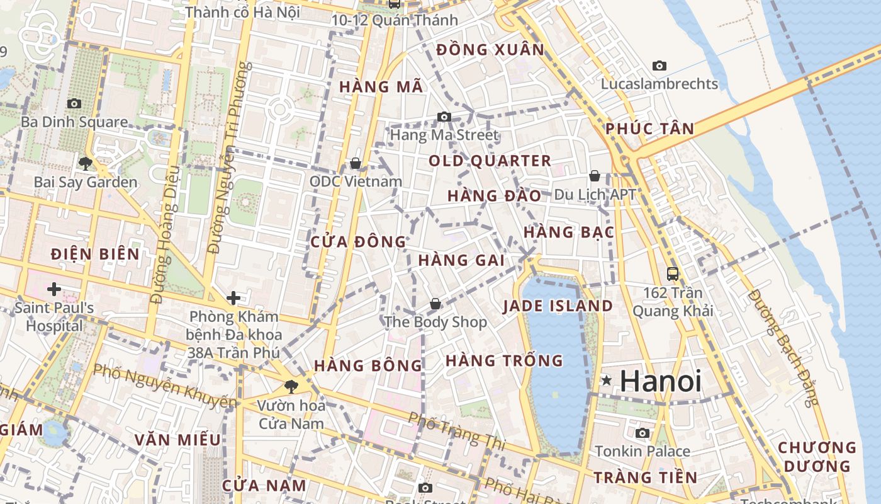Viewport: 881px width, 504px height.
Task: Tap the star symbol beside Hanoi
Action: [x=607, y=381]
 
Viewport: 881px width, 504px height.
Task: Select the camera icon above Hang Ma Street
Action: [x=444, y=117]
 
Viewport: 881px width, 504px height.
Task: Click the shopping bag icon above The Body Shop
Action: [x=435, y=304]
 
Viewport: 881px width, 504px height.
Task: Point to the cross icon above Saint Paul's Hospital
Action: [x=54, y=289]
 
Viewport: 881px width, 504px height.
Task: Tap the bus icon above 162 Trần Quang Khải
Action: [x=673, y=274]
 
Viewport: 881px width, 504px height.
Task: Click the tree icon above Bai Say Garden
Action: [x=86, y=164]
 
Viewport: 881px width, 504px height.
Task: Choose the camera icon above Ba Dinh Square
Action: [x=74, y=103]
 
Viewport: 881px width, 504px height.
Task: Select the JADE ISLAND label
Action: [x=558, y=306]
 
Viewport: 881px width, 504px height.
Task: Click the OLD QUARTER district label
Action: [x=490, y=161]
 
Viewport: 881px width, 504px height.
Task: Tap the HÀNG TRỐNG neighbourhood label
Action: [x=504, y=361]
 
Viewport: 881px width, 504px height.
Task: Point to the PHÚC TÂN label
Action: [x=650, y=129]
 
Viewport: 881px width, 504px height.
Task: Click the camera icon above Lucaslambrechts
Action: [x=659, y=66]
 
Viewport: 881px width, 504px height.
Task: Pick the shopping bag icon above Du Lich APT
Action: [x=595, y=176]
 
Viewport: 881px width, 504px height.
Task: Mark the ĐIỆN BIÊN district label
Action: [x=95, y=255]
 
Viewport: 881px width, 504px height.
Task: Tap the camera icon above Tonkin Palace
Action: [x=643, y=433]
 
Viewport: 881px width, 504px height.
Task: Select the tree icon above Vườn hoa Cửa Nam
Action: [x=291, y=386]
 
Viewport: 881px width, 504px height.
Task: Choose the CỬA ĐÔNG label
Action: [x=359, y=242]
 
